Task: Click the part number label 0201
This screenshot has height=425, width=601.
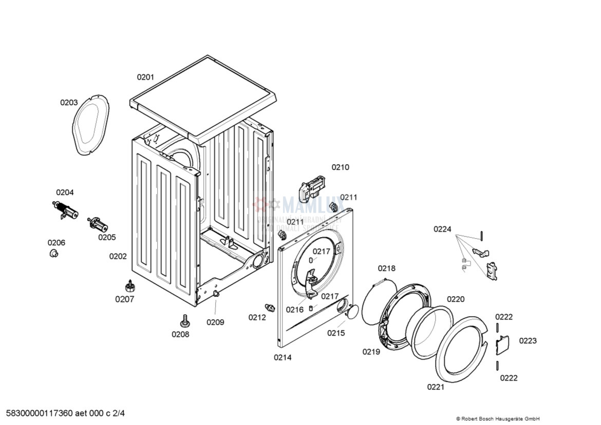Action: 145,77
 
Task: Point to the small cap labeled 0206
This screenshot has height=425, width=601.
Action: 53,254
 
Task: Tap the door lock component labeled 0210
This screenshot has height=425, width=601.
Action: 312,185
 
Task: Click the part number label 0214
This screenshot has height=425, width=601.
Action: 283,357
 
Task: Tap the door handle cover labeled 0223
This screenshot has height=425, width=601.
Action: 502,344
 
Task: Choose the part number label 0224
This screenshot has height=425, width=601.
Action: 442,229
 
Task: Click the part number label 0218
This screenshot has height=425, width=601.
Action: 387,268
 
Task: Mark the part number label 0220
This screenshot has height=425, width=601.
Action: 455,299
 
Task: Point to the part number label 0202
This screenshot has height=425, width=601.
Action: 118,256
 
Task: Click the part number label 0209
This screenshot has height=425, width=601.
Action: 215,322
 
